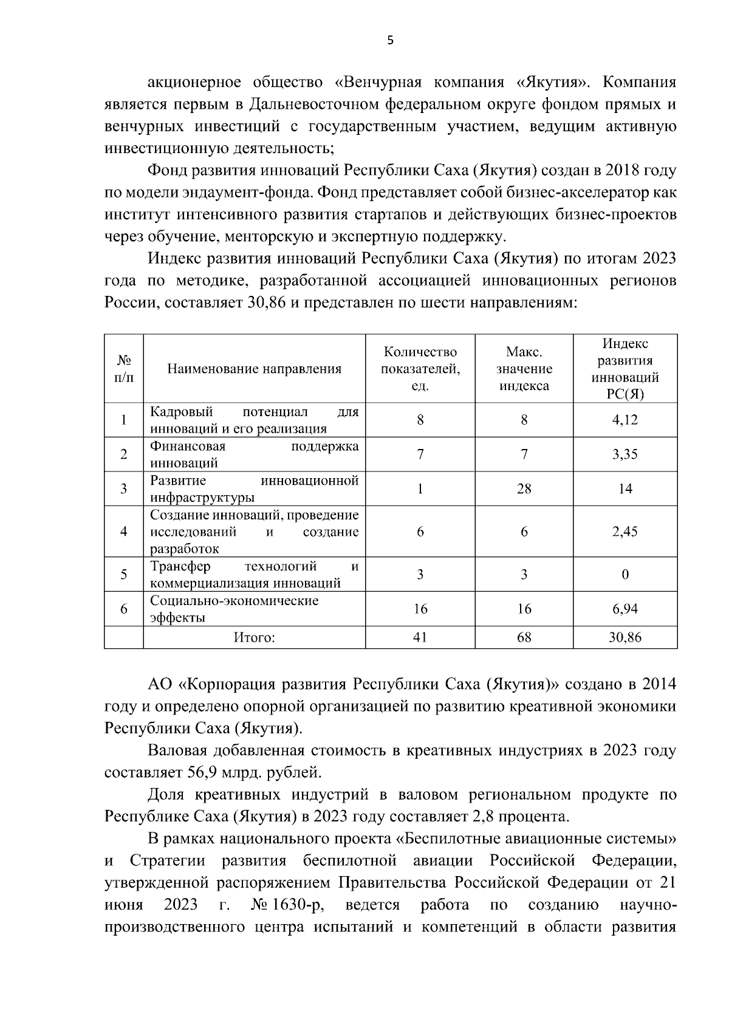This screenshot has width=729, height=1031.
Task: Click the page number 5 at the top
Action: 390,41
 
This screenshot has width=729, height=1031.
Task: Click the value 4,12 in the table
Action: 625,420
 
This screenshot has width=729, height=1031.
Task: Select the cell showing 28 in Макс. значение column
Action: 524,488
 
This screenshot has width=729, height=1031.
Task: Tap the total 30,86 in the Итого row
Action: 625,637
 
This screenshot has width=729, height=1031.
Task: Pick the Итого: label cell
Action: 254,637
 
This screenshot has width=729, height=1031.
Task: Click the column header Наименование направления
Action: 254,369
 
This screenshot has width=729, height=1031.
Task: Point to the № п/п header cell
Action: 124,369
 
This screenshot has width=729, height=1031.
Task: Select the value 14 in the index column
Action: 625,488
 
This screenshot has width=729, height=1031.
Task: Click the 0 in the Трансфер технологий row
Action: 625,575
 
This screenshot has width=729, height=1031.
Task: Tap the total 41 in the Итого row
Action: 420,637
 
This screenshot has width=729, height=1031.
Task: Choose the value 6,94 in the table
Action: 625,609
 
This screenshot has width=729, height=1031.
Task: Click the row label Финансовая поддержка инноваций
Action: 254,454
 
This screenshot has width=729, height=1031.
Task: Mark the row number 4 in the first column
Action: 124,532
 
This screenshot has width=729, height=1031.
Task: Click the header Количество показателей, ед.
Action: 420,369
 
